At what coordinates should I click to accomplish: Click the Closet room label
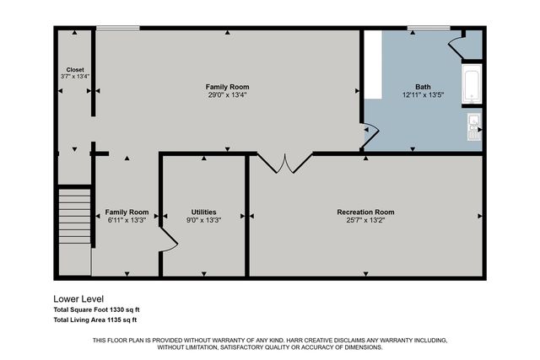(x=75, y=69)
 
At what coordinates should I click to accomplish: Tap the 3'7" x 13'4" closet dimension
(x=75, y=77)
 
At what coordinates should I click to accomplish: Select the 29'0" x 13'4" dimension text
(x=228, y=95)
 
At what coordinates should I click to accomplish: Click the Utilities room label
(x=203, y=212)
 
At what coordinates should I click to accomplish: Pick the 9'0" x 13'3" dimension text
(x=203, y=220)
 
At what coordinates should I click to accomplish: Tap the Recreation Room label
(x=365, y=212)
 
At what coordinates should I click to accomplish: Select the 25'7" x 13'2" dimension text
(x=365, y=220)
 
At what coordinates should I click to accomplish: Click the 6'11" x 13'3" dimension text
(x=127, y=220)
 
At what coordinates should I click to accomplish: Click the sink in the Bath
(x=473, y=127)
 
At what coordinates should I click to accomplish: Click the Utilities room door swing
(x=168, y=244)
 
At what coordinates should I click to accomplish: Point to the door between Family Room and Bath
(x=369, y=132)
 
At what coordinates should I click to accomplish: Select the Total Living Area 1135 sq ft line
(x=94, y=320)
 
